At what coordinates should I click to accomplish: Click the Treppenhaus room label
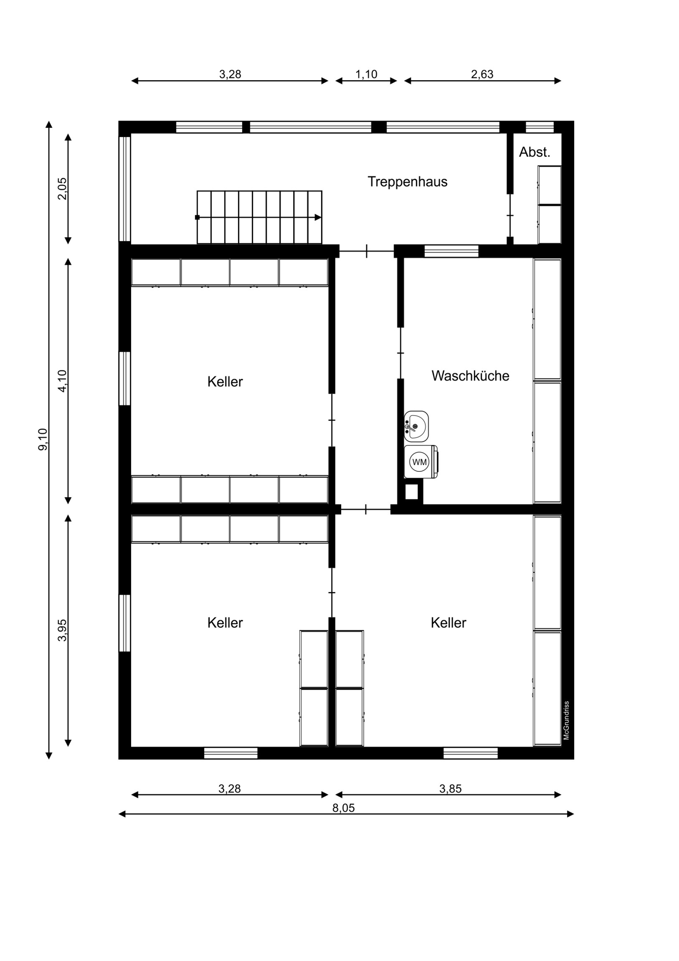pos(407,182)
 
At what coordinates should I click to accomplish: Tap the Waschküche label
pos(470,376)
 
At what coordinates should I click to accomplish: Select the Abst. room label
pos(534,152)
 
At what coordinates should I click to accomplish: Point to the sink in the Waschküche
pos(416,426)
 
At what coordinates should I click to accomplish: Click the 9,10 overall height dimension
pos(43,439)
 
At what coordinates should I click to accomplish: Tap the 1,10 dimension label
pos(366,74)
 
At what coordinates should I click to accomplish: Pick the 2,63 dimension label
pos(482,74)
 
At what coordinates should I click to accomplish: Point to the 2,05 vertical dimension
pos(62,189)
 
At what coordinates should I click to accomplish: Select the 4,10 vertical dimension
pos(62,381)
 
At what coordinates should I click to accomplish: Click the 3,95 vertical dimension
pos(62,630)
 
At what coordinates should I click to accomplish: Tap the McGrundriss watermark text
pos(567,720)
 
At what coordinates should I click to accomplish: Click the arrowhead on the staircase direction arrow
pos(318,217)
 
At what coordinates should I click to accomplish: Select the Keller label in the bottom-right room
pos(448,623)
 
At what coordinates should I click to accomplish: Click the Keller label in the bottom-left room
pos(225,623)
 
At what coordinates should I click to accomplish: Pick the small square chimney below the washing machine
pos(411,492)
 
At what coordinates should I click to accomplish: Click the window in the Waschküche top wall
pos(451,251)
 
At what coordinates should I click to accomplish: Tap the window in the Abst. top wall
pos(540,127)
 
